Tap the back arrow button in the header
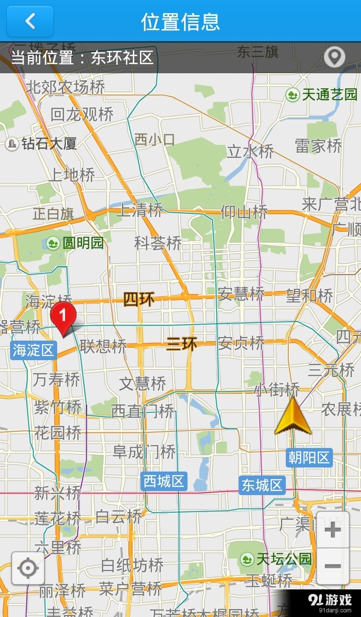click(30, 21)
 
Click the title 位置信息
click(180, 22)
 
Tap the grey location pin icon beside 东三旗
click(334, 57)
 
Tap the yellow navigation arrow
click(293, 417)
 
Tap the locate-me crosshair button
click(28, 568)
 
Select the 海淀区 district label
click(34, 350)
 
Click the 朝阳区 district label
click(309, 457)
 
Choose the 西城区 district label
click(164, 482)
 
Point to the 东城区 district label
click(262, 485)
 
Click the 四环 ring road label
click(139, 299)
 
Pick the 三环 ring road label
click(182, 344)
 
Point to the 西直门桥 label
click(142, 411)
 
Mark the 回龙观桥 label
click(82, 114)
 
